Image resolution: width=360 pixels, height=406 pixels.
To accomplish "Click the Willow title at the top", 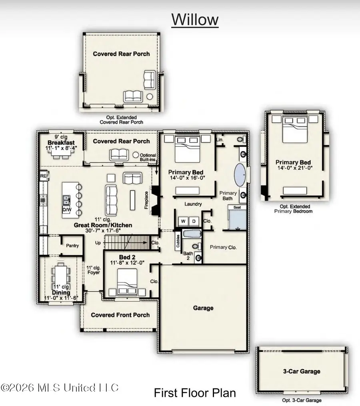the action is click(195, 20).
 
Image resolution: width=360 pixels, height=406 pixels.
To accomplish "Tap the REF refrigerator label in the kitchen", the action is click(44, 176).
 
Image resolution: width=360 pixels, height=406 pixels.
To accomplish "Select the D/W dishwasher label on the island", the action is click(66, 210).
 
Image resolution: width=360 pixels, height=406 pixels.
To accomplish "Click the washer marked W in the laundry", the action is click(183, 221).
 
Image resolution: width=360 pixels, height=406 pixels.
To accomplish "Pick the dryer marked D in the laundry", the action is click(194, 221).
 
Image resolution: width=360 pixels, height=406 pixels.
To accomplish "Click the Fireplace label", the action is click(146, 200).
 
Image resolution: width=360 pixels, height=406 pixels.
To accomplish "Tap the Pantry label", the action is click(72, 246).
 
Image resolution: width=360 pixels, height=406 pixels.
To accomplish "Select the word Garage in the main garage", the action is click(203, 308).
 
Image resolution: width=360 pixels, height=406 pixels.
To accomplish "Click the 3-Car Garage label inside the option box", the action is click(302, 371).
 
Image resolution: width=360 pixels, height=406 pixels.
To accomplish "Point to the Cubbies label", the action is click(178, 241).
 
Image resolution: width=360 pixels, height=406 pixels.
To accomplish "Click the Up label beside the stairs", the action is click(98, 243).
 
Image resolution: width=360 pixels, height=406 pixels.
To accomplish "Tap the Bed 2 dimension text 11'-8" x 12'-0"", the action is click(127, 263).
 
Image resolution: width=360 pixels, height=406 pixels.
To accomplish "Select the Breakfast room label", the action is click(61, 143).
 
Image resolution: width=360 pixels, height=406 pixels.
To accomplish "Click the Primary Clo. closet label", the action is click(223, 247).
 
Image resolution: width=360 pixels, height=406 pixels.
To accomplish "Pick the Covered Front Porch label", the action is click(120, 315).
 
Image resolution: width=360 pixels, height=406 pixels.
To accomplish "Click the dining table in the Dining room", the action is click(61, 276).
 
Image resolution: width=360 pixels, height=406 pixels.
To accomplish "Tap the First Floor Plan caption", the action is click(195, 393).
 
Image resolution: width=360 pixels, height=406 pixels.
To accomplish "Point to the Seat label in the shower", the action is click(237, 208).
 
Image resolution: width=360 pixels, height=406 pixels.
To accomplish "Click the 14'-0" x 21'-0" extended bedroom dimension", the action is click(295, 168).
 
